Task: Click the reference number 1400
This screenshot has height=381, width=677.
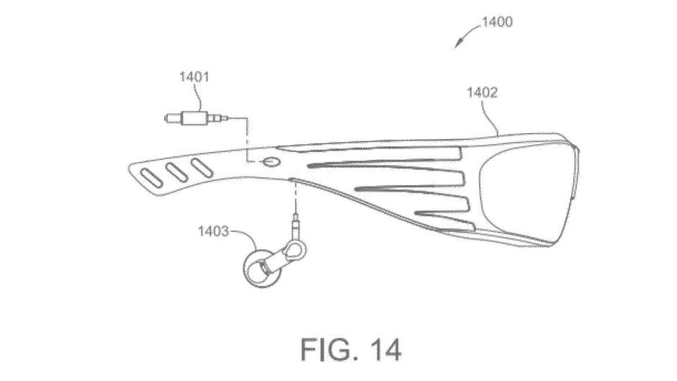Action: pos(497,22)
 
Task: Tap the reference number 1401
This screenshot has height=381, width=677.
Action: pos(194,77)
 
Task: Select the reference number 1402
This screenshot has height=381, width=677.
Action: pos(483,92)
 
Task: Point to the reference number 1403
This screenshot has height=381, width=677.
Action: pos(213,231)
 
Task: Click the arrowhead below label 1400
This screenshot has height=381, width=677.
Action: pos(458,45)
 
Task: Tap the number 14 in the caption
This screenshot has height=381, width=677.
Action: pos(385,349)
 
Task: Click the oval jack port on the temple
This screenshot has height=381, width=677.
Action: pos(272,162)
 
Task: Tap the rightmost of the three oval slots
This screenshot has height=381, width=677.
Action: pos(202,167)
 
